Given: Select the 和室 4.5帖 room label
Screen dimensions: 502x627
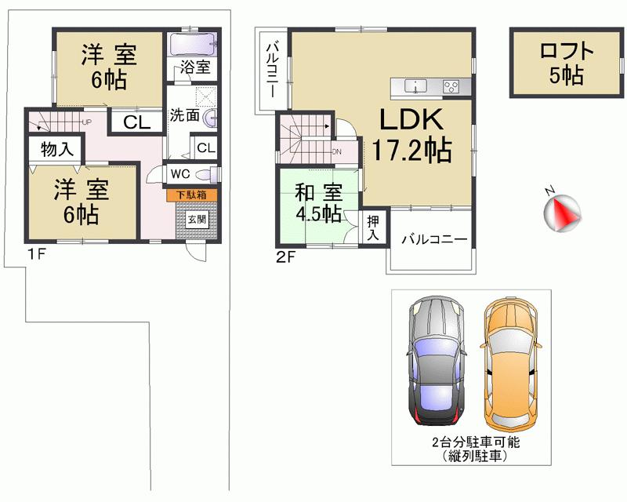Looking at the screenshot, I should [317, 202].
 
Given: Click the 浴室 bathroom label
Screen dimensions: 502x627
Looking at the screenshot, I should [194, 67].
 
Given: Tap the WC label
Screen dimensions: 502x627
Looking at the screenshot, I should [179, 173].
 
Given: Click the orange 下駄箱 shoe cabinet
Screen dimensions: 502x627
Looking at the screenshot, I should [191, 193].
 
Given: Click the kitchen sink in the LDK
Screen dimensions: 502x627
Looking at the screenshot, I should [415, 85].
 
